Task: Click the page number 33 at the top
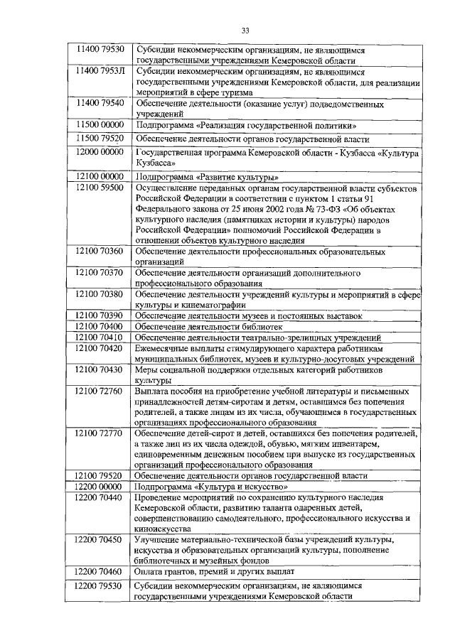click(x=245, y=30)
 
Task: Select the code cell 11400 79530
click(x=100, y=49)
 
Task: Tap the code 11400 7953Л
click(x=100, y=71)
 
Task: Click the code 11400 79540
click(x=100, y=103)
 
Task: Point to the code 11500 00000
click(x=100, y=124)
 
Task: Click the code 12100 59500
click(x=100, y=188)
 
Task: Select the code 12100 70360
click(x=100, y=251)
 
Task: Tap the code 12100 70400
click(x=100, y=325)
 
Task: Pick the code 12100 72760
click(x=100, y=391)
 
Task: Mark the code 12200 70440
click(x=100, y=499)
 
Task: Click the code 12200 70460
click(x=100, y=571)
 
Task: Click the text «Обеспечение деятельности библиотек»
click(x=210, y=326)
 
